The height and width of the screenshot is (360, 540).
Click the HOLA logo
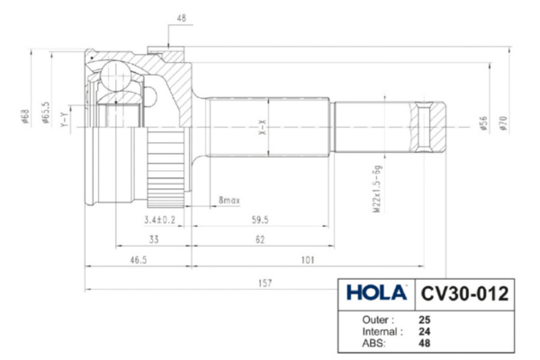tap(376, 292)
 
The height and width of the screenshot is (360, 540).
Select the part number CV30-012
tap(464, 294)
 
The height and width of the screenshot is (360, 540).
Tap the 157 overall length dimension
tap(265, 283)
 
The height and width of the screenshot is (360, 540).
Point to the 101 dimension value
tap(308, 260)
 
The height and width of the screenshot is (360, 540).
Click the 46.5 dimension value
tap(139, 260)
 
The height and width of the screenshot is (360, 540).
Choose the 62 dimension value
tap(260, 239)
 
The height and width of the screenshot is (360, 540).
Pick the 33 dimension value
tap(154, 239)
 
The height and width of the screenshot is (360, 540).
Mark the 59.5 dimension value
tap(260, 220)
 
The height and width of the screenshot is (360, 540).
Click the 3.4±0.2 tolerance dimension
tap(160, 220)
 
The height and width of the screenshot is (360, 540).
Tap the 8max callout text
tap(229, 200)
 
